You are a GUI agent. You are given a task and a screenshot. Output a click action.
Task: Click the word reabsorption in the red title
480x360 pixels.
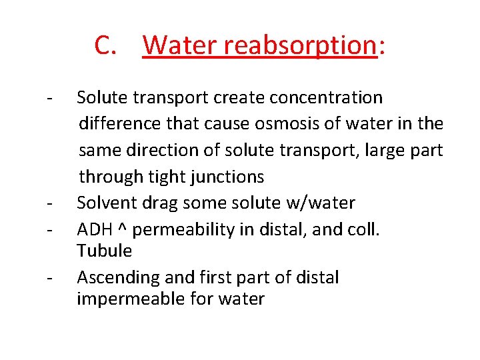click(x=300, y=45)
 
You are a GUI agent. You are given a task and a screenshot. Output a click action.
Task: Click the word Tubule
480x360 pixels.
click(x=105, y=251)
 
